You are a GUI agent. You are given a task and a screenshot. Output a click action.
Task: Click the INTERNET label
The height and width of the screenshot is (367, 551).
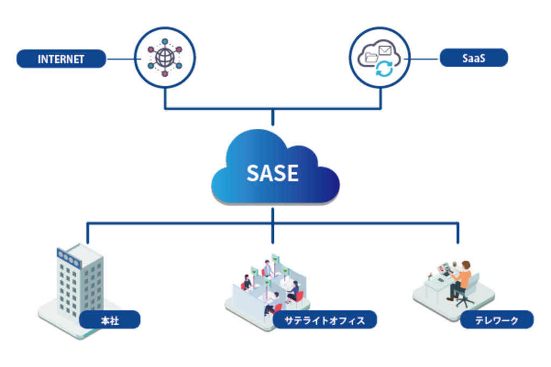tap(61, 59)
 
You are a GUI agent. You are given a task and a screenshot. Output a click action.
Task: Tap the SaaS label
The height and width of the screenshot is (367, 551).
tap(474, 58)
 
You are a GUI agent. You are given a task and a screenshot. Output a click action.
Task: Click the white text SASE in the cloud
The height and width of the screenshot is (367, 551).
tap(272, 172)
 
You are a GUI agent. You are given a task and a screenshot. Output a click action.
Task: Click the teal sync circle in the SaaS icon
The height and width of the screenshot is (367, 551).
tap(385, 69)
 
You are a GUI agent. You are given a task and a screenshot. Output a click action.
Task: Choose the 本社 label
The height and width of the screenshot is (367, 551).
tap(110, 321)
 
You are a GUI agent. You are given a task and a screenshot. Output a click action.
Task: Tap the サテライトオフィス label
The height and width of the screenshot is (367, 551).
tap(326, 321)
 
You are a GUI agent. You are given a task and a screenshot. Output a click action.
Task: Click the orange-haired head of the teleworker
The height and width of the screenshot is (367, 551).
tap(465, 265)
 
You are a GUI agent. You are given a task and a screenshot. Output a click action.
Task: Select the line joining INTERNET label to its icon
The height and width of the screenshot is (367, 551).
tap(120, 59)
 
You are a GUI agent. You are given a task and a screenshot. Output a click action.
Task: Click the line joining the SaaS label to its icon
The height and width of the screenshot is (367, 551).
tap(425, 59)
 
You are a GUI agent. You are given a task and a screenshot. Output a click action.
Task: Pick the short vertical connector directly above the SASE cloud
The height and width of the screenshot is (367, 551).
tap(273, 119)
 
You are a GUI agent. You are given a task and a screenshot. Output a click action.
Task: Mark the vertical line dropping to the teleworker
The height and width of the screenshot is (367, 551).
tap(458, 233)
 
